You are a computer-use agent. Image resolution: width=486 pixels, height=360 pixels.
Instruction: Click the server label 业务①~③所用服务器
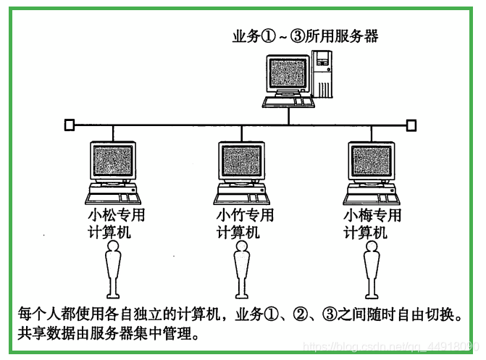point(305,36)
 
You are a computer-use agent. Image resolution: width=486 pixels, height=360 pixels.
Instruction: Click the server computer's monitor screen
point(287,73)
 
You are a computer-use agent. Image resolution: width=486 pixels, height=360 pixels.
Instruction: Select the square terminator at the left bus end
point(69,125)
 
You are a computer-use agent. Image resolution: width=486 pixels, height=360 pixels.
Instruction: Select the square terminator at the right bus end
point(411,125)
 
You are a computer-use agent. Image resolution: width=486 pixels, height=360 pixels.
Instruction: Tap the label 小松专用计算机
point(116,224)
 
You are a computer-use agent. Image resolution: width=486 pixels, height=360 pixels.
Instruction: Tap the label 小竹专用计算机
point(245,224)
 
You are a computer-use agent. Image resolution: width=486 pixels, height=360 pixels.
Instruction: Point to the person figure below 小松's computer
point(113,269)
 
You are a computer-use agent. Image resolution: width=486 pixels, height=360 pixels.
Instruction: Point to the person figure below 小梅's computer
point(371,269)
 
